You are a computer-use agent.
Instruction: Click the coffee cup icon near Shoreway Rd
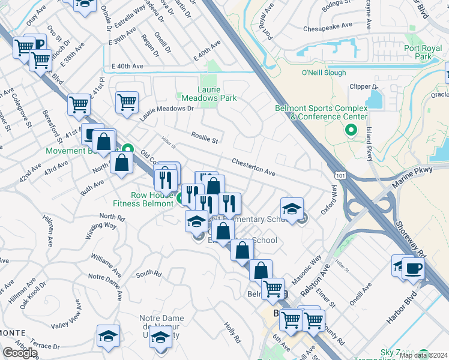414,269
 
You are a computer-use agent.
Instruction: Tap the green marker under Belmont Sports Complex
351,130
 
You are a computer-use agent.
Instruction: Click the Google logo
20,353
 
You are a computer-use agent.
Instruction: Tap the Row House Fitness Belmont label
152,199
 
